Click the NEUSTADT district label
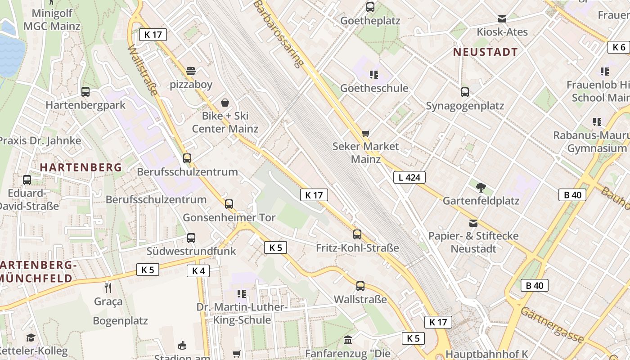pyautogui.click(x=485, y=52)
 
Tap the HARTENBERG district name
pyautogui.click(x=81, y=167)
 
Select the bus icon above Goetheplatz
pyautogui.click(x=370, y=7)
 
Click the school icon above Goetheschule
pyautogui.click(x=374, y=74)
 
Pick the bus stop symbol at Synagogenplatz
pyautogui.click(x=465, y=92)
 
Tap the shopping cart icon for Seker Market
pyautogui.click(x=365, y=133)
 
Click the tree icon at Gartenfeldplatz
pyautogui.click(x=481, y=187)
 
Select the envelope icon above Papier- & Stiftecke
pyautogui.click(x=473, y=223)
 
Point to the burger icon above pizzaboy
pyautogui.click(x=191, y=71)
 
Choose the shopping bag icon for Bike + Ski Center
pyautogui.click(x=225, y=103)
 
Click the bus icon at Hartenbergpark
pyautogui.click(x=85, y=92)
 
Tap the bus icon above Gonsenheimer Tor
pyautogui.click(x=229, y=204)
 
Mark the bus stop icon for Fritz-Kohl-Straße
pyautogui.click(x=357, y=234)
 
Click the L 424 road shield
pyautogui.click(x=409, y=177)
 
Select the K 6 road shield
pyautogui.click(x=619, y=47)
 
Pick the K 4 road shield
pyautogui.click(x=198, y=270)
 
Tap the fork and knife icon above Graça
pyautogui.click(x=108, y=288)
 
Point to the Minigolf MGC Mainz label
pyautogui.click(x=52, y=20)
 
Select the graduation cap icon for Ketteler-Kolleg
pyautogui.click(x=31, y=338)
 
